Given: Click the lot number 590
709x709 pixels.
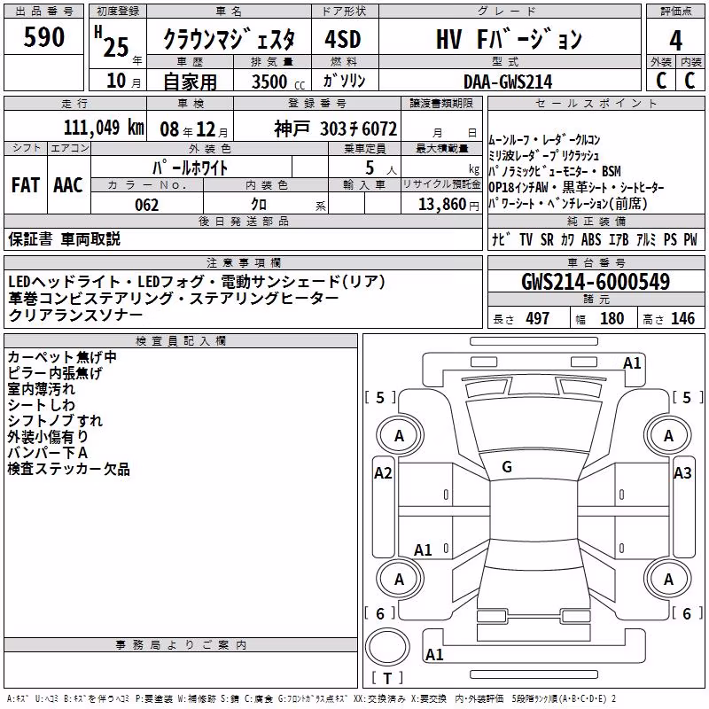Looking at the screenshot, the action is point(43,36).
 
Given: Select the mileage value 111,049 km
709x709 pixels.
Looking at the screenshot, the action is point(104,128).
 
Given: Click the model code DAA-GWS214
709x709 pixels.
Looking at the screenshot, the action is point(508,82).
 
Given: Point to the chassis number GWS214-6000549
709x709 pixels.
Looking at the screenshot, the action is point(596,281).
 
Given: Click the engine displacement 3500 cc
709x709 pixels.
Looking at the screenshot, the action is point(278,82).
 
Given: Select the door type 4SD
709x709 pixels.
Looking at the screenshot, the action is point(343,39).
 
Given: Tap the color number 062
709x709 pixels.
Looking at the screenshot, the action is point(147,205).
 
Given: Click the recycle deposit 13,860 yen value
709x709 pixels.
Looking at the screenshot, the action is point(448,205).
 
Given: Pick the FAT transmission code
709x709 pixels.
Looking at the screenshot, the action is point(26,185).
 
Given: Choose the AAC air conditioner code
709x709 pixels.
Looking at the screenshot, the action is point(68,185).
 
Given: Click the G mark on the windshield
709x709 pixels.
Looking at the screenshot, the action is point(507,467).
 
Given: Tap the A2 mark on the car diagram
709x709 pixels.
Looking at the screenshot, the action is point(383,473).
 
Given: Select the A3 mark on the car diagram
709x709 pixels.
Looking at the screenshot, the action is point(682,473).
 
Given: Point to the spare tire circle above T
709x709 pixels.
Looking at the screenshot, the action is point(387,647).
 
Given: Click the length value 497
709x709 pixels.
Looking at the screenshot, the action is point(537,318).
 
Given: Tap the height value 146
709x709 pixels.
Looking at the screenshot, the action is point(682,318).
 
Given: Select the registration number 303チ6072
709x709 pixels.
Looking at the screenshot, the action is point(358,129).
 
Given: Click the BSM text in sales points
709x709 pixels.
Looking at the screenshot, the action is point(612,171).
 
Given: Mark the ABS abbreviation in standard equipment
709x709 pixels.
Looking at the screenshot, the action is point(591,239).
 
